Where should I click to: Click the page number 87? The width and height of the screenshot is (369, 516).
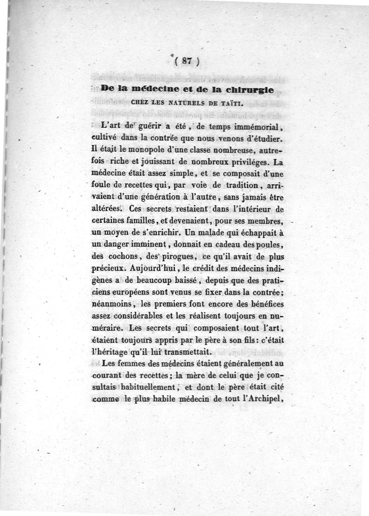coord(187,61)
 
